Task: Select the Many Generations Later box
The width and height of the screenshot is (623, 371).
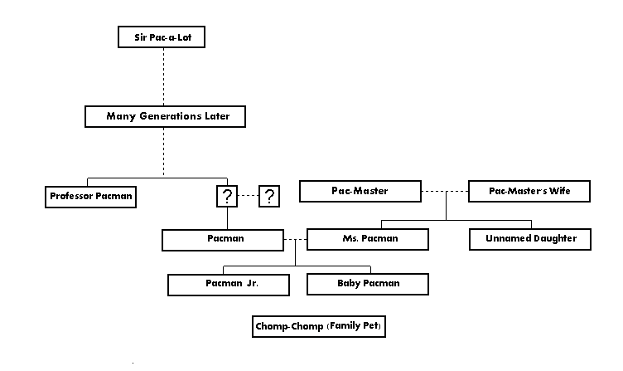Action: (x=168, y=116)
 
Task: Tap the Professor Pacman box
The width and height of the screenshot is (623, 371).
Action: (x=90, y=197)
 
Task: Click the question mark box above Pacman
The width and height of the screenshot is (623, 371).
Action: (x=228, y=197)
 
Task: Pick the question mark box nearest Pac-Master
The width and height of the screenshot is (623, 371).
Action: (x=269, y=197)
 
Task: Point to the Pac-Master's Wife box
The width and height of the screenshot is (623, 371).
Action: (x=529, y=192)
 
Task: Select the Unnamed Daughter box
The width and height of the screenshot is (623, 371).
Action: (x=529, y=239)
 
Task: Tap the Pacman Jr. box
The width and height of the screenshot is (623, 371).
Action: (x=229, y=284)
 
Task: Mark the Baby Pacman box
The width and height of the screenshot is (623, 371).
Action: (x=368, y=284)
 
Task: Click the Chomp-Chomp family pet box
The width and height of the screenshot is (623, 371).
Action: (x=319, y=326)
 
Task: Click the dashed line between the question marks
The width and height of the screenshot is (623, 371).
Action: (x=249, y=197)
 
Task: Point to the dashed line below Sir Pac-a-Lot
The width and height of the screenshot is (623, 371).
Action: (x=163, y=76)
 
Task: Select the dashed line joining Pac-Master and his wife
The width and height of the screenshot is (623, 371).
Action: (x=444, y=192)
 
